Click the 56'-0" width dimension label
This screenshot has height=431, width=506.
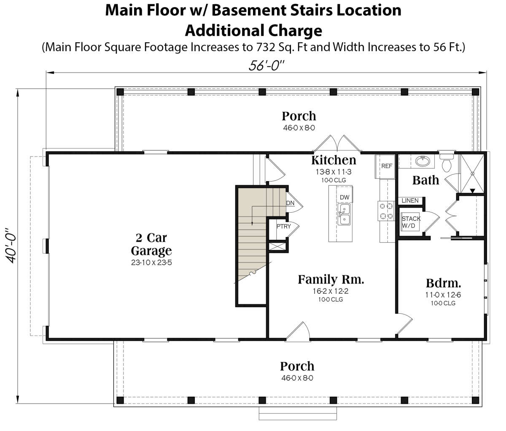click(266, 65)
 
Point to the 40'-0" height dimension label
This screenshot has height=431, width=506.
click(11, 246)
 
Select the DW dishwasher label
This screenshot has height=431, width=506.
click(345, 197)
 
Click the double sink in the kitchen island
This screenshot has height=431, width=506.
click(344, 214)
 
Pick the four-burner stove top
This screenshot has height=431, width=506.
click(386, 211)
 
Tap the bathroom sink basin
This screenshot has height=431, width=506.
click(423, 161)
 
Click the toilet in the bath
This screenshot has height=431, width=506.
click(447, 162)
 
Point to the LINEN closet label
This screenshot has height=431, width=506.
click(410, 201)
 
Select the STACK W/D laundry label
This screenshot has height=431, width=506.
click(411, 222)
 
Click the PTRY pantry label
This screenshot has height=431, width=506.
click(283, 226)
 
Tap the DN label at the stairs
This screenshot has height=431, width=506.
click(290, 203)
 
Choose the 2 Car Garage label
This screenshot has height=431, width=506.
click(151, 244)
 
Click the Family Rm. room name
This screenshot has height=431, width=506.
click(331, 279)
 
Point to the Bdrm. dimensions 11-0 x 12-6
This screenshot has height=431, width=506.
click(443, 295)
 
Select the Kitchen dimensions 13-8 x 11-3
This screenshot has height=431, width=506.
click(334, 172)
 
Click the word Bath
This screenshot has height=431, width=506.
click(426, 180)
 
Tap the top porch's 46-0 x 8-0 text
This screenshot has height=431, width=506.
click(299, 127)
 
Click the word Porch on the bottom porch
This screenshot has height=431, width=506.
click(297, 366)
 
